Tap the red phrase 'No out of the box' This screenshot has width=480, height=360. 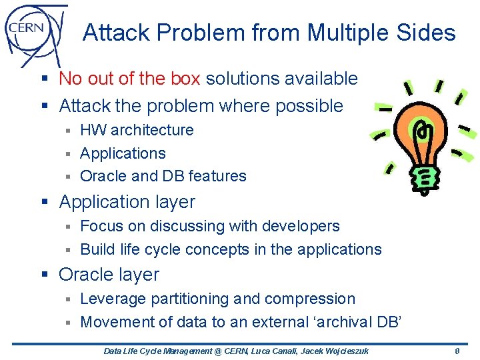(129, 79)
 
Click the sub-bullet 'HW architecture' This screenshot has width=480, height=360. (137, 130)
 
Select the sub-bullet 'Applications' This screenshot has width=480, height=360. (123, 153)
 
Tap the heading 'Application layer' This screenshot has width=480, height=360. (127, 201)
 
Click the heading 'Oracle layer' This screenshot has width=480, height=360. (109, 274)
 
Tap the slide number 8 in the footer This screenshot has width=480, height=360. (457, 351)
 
